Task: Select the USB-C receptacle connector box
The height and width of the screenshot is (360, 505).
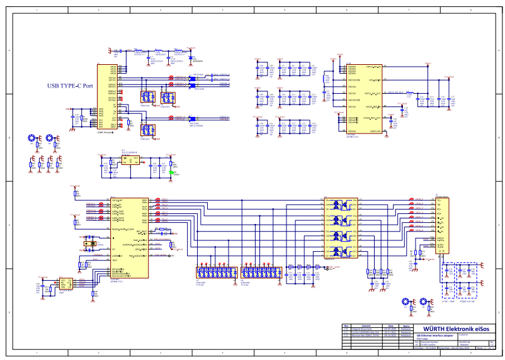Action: pyautogui.click(x=106, y=99)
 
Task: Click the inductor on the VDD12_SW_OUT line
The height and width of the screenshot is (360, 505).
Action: pyautogui.click(x=410, y=93)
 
